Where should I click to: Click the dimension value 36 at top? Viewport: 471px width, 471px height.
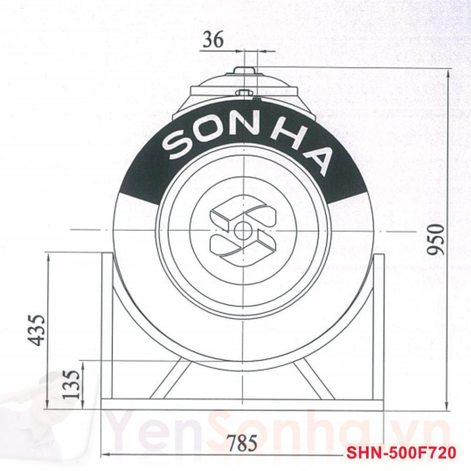(x=212, y=41)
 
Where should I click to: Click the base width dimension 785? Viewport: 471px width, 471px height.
(x=243, y=443)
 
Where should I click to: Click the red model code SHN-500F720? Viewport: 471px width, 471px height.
(x=400, y=454)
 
